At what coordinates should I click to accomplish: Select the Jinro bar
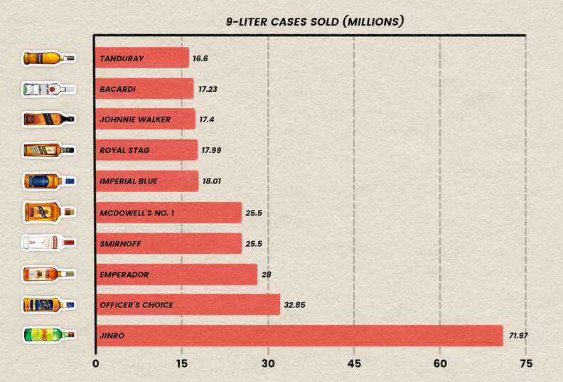pyautogui.click(x=299, y=336)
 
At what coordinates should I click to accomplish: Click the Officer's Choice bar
pyautogui.click(x=188, y=305)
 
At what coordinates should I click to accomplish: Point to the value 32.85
pyautogui.click(x=298, y=305)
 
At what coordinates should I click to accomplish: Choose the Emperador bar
pyautogui.click(x=176, y=274)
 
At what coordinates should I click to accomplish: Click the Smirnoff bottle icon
pyautogui.click(x=48, y=243)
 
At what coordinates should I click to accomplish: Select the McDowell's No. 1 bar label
pyautogui.click(x=135, y=212)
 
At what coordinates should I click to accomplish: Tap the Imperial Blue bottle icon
pyautogui.click(x=48, y=181)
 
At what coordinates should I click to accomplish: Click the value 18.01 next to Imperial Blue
pyautogui.click(x=212, y=181)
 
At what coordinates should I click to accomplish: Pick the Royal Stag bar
pyautogui.click(x=146, y=150)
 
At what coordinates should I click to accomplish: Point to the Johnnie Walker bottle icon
pyautogui.click(x=48, y=119)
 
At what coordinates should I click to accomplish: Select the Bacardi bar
pyautogui.click(x=144, y=88)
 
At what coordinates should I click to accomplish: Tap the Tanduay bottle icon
pyautogui.click(x=48, y=58)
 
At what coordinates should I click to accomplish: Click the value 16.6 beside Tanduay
pyautogui.click(x=203, y=58)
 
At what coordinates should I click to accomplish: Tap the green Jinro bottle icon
pyautogui.click(x=48, y=336)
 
